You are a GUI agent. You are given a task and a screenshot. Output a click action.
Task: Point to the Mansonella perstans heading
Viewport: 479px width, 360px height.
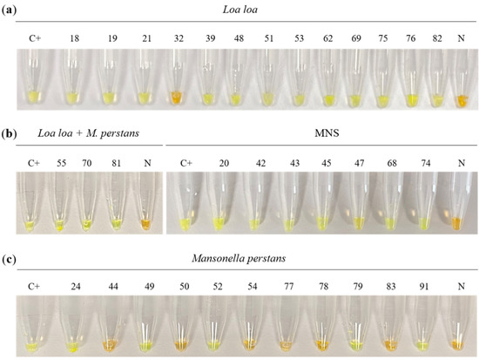click(x=242, y=255)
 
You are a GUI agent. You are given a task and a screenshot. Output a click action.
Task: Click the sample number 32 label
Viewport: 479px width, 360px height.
click(x=176, y=39)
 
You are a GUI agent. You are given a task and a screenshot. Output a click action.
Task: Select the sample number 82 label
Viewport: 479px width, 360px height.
click(x=433, y=39)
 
